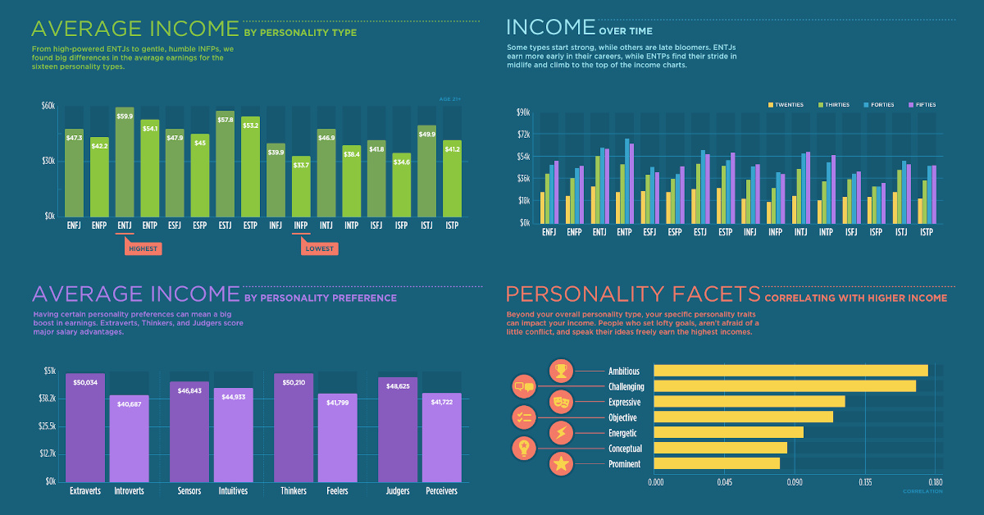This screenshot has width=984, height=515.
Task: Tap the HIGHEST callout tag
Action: click(x=143, y=248)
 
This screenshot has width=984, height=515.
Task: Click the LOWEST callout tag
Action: click(x=319, y=248)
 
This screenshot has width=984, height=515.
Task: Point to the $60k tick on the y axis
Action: click(x=48, y=106)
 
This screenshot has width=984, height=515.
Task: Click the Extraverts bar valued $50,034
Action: click(x=85, y=426)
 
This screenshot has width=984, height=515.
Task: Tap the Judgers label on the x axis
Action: click(x=398, y=491)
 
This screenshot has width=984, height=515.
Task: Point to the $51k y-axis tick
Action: click(x=49, y=371)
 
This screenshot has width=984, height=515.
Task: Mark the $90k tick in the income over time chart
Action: click(x=523, y=112)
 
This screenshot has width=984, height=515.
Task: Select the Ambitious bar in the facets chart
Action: click(x=790, y=371)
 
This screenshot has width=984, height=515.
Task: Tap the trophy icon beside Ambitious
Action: click(x=561, y=371)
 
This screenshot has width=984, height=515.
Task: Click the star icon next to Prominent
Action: click(x=561, y=464)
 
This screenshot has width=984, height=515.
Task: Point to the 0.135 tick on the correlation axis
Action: click(x=865, y=482)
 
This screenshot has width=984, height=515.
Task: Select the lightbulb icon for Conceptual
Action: click(x=524, y=448)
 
